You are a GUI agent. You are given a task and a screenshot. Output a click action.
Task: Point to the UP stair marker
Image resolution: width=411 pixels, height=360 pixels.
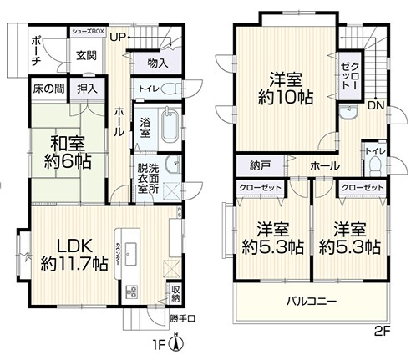(x=116, y=38)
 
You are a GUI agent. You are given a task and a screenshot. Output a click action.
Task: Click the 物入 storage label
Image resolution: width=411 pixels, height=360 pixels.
(x=157, y=63)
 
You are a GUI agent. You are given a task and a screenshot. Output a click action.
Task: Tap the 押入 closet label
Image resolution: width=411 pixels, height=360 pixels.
(x=86, y=87)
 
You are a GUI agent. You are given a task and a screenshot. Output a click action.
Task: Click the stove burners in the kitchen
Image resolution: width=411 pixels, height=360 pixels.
(x=132, y=292)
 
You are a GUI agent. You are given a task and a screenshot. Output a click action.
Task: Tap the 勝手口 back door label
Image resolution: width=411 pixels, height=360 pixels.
(x=181, y=318)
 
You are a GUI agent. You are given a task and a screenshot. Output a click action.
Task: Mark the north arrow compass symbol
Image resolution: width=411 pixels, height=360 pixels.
(x=176, y=342)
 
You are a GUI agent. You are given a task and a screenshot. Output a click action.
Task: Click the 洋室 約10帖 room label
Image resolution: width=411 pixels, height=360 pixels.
(x=284, y=88)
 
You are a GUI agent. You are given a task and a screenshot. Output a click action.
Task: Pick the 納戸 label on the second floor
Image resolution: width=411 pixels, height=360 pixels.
(x=248, y=165)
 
